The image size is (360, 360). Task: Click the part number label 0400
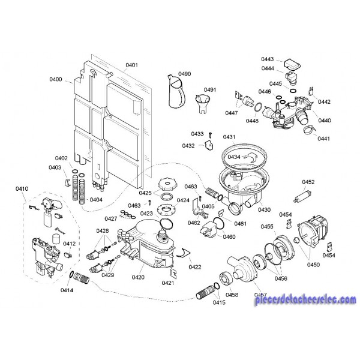[55, 79]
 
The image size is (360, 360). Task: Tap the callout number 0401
[132, 65]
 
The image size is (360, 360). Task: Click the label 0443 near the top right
[268, 59]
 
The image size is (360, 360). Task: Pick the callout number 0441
[324, 139]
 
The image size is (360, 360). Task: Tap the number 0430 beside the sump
[264, 210]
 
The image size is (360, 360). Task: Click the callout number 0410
[22, 190]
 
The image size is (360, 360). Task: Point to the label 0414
[67, 291]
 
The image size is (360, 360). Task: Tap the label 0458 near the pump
[232, 294]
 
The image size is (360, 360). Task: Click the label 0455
[268, 226]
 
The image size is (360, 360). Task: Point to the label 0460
[229, 237]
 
